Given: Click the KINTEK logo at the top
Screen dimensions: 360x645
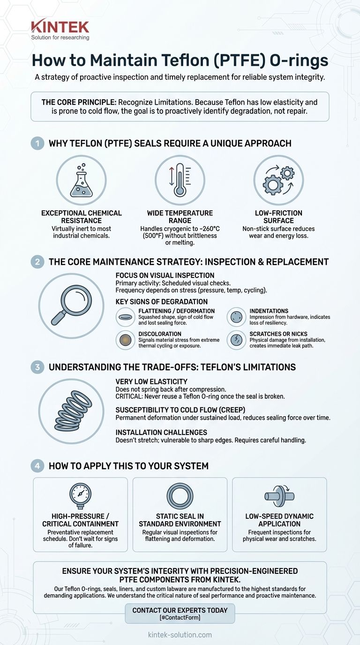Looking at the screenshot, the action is click(60, 29).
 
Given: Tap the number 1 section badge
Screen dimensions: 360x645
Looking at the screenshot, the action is click(37, 143).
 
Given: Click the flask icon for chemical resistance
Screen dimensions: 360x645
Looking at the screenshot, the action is click(81, 180).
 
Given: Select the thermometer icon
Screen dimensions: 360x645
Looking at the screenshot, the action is click(180, 180).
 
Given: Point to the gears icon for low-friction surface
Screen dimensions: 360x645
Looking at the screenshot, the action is click(278, 180).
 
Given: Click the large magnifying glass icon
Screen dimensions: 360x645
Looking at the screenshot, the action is click(71, 306).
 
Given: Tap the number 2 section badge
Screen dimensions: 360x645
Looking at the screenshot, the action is click(37, 262).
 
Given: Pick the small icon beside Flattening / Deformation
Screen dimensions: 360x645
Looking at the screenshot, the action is click(125, 317).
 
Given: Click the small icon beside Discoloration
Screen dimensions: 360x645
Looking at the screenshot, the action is click(125, 340).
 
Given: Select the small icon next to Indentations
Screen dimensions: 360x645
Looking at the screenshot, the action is click(236, 317).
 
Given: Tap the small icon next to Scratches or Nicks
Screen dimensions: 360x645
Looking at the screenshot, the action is click(236, 340).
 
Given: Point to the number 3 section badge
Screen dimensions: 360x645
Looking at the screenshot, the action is click(37, 367).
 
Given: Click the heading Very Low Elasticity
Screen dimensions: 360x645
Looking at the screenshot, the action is click(151, 382).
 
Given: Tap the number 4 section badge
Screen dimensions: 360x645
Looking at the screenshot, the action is click(37, 466).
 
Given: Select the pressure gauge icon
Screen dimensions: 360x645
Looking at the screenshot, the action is click(80, 496).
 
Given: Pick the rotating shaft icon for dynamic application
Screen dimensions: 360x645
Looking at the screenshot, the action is click(279, 496).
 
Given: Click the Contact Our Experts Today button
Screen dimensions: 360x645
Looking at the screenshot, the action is click(180, 613).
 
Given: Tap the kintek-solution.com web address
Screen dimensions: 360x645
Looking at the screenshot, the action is click(180, 635).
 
